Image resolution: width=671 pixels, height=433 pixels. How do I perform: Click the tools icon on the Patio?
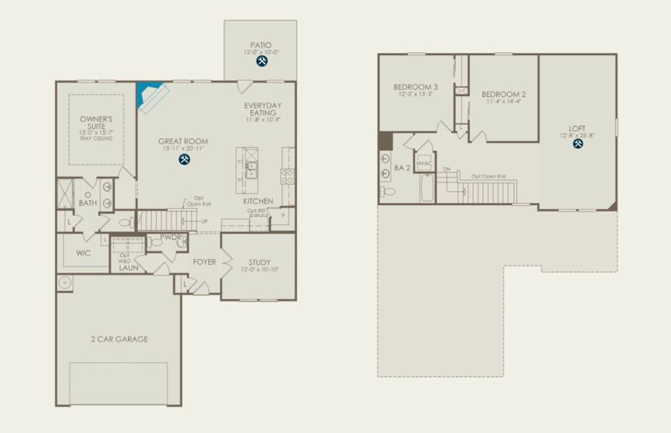(261, 62)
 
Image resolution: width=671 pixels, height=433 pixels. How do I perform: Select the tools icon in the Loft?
(578, 144)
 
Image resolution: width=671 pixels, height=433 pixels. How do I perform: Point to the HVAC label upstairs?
(424, 164)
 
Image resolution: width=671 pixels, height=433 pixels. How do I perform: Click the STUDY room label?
(259, 262)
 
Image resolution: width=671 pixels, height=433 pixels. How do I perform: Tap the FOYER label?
(204, 262)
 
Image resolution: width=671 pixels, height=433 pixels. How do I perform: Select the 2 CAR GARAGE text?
(119, 338)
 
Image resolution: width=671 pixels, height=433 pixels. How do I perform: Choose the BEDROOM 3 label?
(415, 86)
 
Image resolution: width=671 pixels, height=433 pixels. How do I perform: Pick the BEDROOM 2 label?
(503, 94)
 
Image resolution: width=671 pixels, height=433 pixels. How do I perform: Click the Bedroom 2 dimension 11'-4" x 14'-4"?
(503, 102)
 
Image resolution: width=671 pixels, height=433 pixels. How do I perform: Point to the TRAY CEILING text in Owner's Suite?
(97, 139)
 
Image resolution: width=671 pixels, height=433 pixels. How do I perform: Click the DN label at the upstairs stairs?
(446, 170)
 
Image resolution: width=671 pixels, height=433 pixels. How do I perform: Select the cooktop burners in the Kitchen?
(287, 173)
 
